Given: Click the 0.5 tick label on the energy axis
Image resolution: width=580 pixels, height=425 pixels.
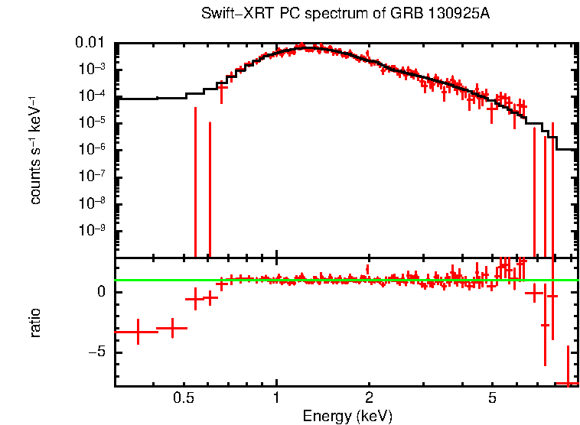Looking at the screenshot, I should coord(183,397).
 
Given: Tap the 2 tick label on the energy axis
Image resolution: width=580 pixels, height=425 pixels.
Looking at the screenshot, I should coord(369,397).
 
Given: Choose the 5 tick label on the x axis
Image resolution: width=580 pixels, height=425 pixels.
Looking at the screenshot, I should coord(492,397).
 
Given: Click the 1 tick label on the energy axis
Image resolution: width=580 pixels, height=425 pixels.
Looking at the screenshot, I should coord(276,397).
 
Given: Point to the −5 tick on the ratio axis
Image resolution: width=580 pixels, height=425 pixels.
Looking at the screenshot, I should coord(98,352).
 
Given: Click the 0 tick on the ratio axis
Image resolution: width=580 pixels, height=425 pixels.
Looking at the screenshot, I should coord(102,291).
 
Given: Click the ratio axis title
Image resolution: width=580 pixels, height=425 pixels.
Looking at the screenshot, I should coord(35,323).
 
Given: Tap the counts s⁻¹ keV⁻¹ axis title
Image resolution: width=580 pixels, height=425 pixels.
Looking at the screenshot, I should coord(35,150).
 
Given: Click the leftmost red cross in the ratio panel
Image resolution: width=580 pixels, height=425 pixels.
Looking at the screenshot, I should coord(138,332).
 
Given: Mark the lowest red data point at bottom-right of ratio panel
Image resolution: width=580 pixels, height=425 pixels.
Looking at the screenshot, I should coord(567,382).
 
